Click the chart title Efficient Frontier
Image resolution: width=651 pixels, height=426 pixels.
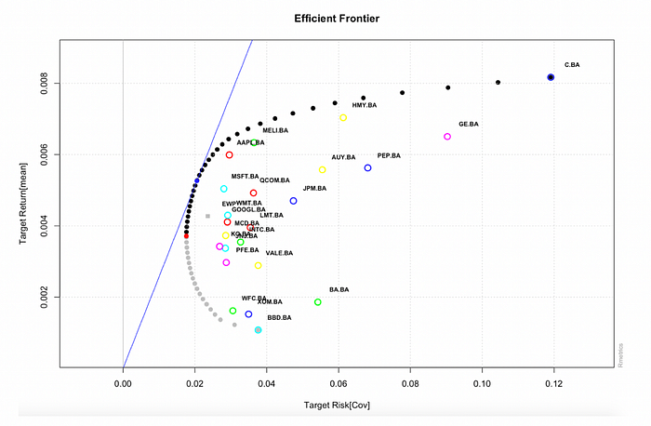tap(336, 19)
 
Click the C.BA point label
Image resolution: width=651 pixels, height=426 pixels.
tap(573, 65)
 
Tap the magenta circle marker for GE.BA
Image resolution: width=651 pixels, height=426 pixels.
tap(447, 137)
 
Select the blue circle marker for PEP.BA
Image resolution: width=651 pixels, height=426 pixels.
tap(368, 168)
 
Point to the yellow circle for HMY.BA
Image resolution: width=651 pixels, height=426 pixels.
tap(343, 118)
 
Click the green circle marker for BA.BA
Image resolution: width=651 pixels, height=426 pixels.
tap(318, 302)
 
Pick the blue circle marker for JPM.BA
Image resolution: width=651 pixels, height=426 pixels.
tap(294, 201)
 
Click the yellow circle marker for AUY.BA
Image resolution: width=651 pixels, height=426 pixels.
tap(323, 170)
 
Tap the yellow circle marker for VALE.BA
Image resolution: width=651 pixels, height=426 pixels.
tap(259, 266)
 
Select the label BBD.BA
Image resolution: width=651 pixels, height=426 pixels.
tap(279, 318)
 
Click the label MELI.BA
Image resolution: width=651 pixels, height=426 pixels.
tap(278, 131)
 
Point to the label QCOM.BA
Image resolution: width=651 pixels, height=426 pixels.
tap(274, 180)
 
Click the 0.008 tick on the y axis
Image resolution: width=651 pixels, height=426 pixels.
tap(47, 84)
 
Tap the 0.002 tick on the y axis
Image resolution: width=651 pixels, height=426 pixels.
tap(47, 298)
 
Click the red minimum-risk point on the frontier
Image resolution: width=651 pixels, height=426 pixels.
tap(186, 236)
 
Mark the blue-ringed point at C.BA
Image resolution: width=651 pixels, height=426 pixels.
tap(551, 77)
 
